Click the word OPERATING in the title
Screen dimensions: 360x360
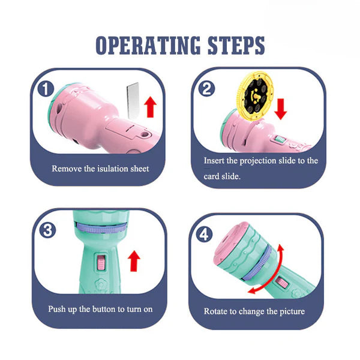[148, 46]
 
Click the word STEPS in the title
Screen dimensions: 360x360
[236, 46]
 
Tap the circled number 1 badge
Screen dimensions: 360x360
[46, 89]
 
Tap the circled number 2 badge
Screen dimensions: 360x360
[206, 89]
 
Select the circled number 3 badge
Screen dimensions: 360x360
[47, 230]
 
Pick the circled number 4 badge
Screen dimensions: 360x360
[204, 235]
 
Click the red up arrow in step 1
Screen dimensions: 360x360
[151, 107]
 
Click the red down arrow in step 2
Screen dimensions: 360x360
[281, 109]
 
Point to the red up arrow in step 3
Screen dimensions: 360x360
[134, 261]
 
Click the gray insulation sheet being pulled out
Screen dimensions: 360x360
[133, 101]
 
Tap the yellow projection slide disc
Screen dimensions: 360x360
[256, 95]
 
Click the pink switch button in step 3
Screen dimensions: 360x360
[101, 262]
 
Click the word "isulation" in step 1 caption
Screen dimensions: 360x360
[113, 169]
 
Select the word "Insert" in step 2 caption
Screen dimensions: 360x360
[214, 160]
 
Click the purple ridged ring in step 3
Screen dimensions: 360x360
[101, 229]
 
